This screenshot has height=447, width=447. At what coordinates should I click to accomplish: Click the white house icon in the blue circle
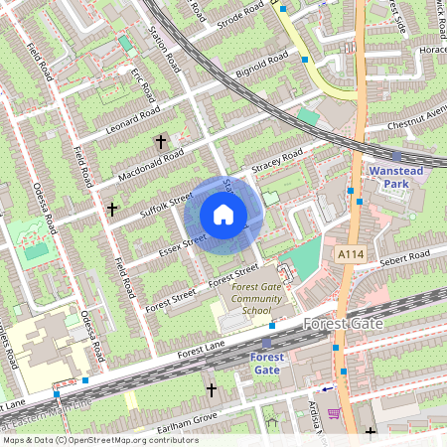[x=223, y=215]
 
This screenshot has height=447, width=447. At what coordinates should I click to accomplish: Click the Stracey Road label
[x=278, y=161]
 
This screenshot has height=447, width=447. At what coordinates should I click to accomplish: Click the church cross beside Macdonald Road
[x=161, y=142]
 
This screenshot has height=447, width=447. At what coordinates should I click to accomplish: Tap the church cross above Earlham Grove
[x=211, y=389]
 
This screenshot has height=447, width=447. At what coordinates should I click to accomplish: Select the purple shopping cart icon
[x=334, y=413]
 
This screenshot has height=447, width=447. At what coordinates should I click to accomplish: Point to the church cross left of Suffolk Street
[x=112, y=210]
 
